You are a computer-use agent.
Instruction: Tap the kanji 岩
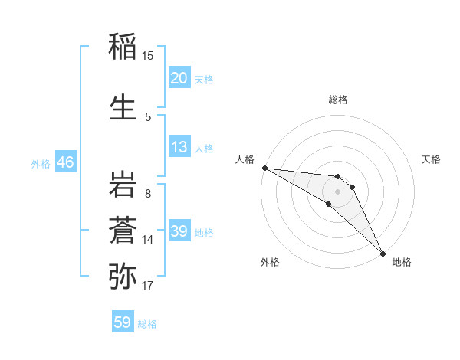[x=123, y=184]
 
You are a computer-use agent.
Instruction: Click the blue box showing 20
[x=179, y=78]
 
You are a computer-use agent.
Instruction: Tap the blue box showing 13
[x=179, y=147]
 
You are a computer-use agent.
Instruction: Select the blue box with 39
[x=179, y=231]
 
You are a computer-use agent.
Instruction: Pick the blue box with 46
[x=65, y=162]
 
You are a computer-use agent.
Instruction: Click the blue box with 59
[x=123, y=322]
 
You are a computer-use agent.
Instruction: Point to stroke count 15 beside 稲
[x=148, y=56]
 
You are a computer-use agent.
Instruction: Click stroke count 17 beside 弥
[x=148, y=286]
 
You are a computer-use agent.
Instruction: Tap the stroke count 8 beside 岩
[x=148, y=193]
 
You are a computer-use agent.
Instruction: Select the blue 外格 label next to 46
[x=41, y=163]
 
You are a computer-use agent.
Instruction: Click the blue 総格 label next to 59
[x=147, y=324]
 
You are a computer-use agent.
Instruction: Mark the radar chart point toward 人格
[x=264, y=168]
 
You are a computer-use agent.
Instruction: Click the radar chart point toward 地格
[x=382, y=251]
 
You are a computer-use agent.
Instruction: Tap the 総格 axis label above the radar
[x=338, y=100]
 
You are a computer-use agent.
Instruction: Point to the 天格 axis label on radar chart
[x=431, y=159]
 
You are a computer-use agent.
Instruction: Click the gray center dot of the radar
[x=338, y=191]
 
